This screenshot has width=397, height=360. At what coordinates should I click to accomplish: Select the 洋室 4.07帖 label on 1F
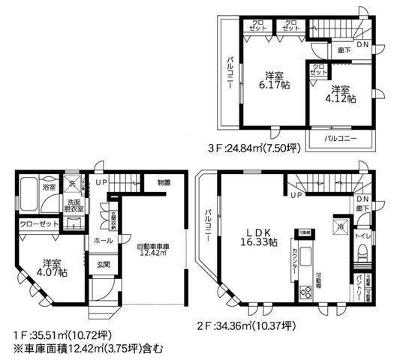(53, 268)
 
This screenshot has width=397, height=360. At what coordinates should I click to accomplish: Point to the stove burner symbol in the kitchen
(306, 292)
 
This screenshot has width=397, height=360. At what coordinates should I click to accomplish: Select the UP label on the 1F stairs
(100, 181)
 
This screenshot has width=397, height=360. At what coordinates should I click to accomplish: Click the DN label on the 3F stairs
(362, 45)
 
